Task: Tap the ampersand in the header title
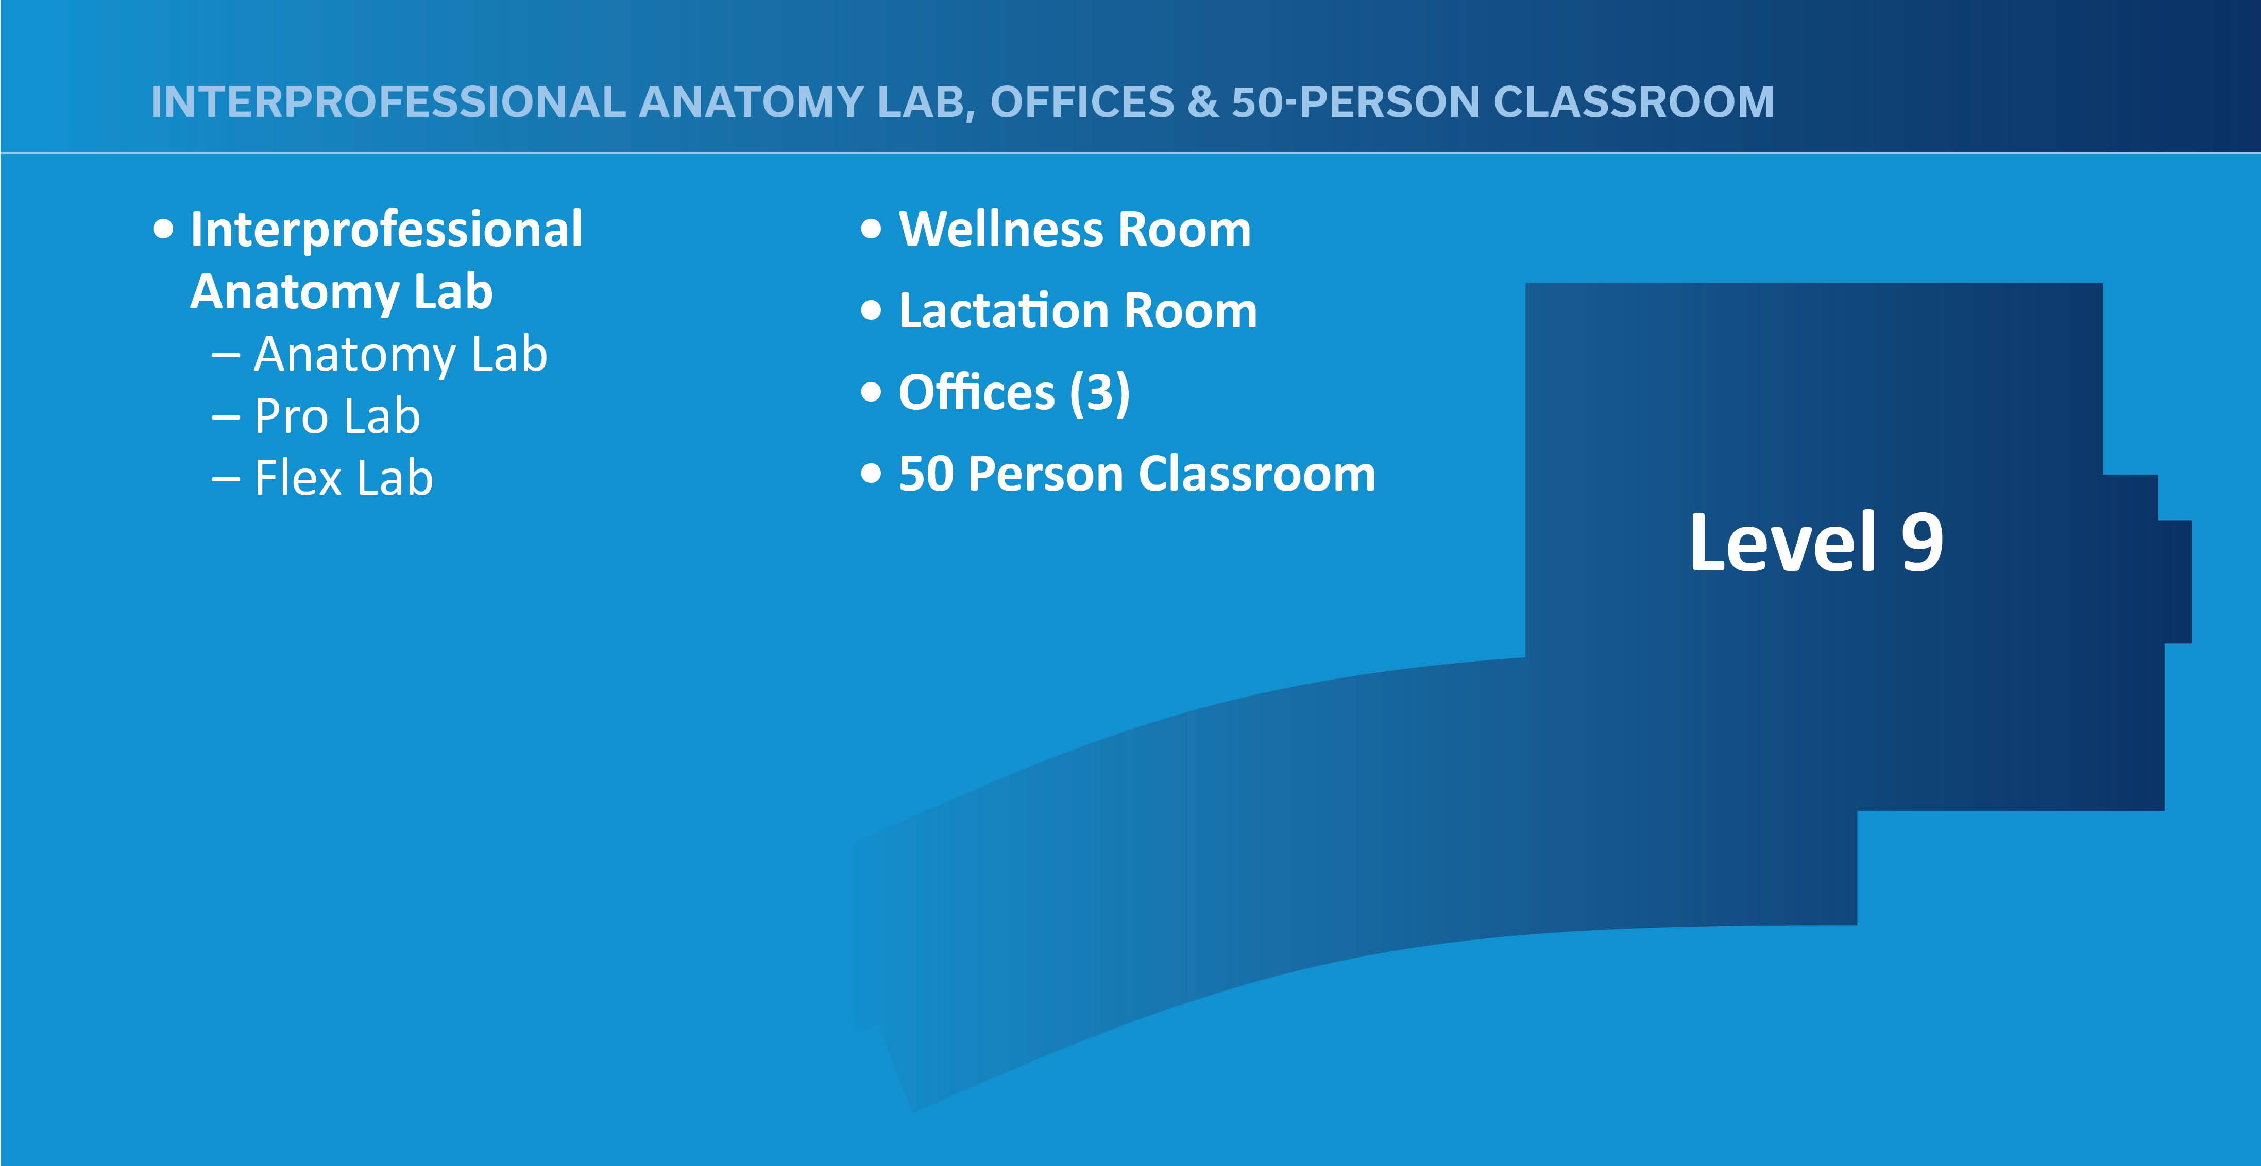(1202, 102)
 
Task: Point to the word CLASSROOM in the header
(1634, 102)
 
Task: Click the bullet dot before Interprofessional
(163, 230)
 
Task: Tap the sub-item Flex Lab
(343, 478)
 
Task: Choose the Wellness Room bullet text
(1074, 230)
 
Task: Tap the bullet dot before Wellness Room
(871, 230)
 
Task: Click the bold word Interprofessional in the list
(386, 230)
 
